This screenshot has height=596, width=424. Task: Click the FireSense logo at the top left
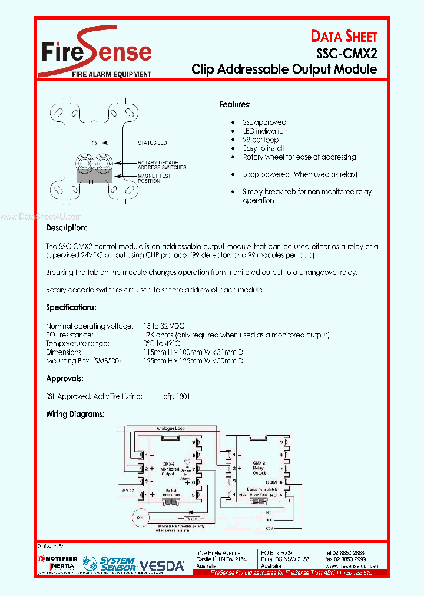[96, 52]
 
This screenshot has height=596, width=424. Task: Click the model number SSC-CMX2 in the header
[346, 53]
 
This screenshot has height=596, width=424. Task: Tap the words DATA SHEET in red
[343, 37]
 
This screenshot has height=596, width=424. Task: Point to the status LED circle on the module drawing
[94, 143]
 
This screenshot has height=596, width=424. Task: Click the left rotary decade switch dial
[83, 162]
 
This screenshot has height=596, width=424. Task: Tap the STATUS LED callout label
[153, 143]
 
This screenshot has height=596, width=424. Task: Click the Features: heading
[235, 104]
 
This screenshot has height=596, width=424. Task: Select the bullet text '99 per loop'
[261, 140]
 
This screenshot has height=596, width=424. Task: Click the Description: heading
[67, 227]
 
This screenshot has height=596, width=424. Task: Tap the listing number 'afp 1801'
[177, 396]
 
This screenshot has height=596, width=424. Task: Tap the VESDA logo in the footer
[162, 566]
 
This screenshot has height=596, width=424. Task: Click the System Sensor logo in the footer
[117, 564]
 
